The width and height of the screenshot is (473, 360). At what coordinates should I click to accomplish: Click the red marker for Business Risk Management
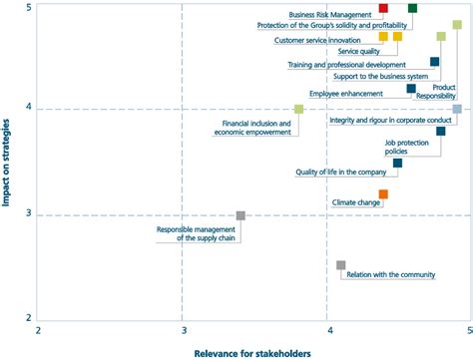pos(384,8)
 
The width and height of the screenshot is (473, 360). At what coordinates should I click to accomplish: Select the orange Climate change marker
pos(383,194)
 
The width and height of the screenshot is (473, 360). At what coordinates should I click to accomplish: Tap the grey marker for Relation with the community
pos(341,265)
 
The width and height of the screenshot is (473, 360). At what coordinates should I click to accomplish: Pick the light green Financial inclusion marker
pos(299,109)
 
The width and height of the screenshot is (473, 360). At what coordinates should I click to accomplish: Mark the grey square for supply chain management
pos(240,215)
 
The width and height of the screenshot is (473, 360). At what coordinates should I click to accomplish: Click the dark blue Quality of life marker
pos(397,163)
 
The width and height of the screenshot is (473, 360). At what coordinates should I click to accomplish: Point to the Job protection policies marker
pos(441,131)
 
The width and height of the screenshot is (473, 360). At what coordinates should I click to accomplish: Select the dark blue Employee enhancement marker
pos(411,89)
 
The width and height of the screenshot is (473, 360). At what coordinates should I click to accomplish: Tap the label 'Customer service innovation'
pos(317,40)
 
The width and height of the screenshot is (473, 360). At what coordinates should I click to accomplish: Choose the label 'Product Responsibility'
pos(438,93)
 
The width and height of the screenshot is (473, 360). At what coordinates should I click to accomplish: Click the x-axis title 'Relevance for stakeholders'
pos(252,352)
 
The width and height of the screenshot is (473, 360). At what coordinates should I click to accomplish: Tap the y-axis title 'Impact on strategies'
pos(8,160)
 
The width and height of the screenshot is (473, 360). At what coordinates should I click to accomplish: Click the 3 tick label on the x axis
pos(184,329)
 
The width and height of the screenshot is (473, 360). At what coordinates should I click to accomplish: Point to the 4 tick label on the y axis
pos(28,108)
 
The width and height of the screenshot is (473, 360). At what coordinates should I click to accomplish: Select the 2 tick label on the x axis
pos(38,329)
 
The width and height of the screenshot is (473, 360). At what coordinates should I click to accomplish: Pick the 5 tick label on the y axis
pos(28,8)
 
